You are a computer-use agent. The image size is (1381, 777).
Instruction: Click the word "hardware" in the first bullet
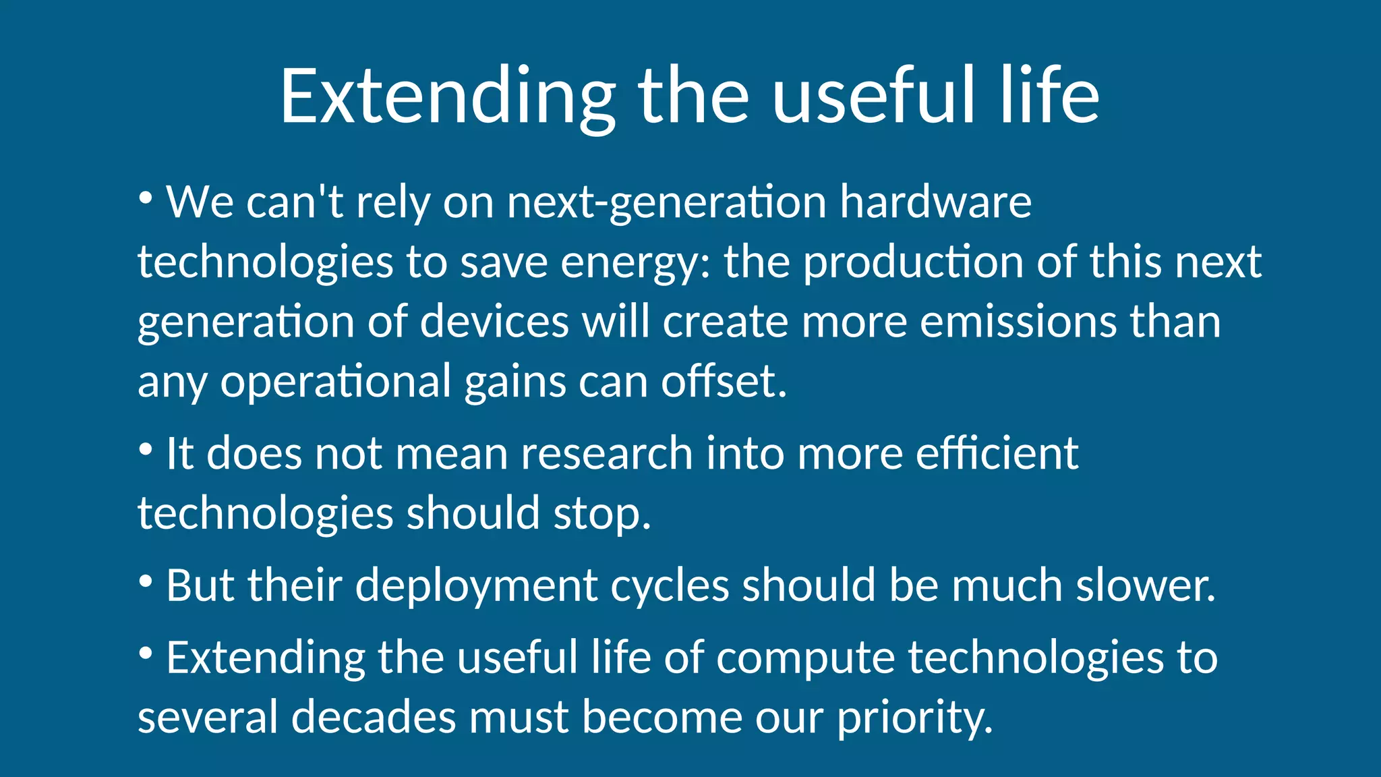point(935,202)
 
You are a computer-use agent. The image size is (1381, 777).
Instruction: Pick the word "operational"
point(336,382)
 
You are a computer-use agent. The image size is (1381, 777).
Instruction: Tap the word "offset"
point(723,381)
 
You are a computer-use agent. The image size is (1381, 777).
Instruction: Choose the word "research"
point(607,453)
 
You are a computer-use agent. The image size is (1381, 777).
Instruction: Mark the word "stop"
point(601,514)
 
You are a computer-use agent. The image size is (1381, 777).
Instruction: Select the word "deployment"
point(476,585)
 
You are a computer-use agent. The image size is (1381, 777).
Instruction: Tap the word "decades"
point(374,716)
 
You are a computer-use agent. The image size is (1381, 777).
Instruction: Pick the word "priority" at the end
point(914,718)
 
